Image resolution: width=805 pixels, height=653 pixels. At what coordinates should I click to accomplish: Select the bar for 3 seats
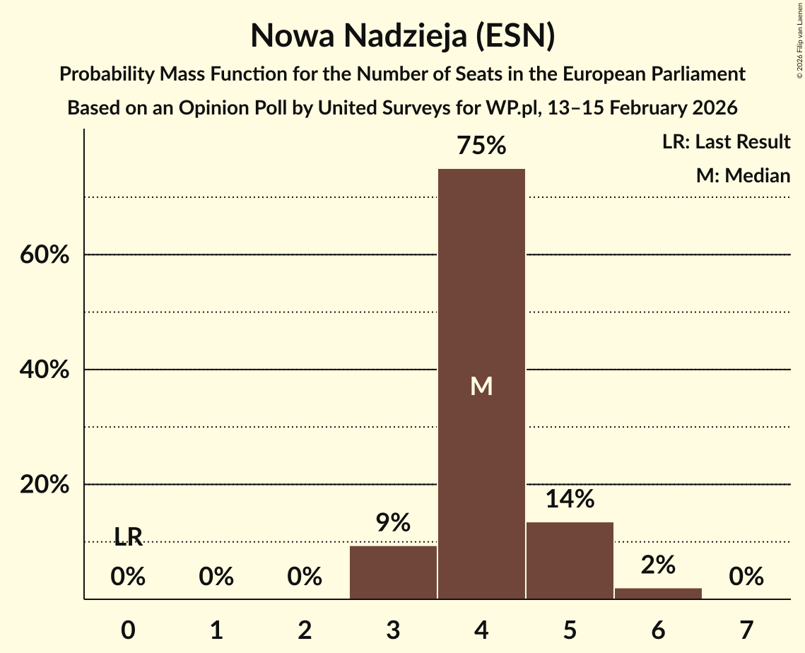coord(393,572)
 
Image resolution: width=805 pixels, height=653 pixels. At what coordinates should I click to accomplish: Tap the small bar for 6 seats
coord(658,593)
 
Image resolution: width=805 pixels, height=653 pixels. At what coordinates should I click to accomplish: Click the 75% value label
coord(481,146)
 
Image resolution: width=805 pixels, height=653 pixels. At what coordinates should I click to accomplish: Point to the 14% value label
coord(570,500)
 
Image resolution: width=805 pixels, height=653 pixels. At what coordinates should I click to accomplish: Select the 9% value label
coord(393,523)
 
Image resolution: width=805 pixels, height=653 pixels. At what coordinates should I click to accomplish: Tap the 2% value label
coord(658,565)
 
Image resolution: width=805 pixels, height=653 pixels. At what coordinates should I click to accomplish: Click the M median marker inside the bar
coord(481,386)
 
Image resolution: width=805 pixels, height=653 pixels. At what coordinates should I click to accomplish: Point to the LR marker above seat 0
coord(128,538)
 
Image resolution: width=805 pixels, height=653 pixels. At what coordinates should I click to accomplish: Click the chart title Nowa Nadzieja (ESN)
coord(402,36)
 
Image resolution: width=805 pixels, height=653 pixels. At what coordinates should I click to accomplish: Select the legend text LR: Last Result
coord(726,142)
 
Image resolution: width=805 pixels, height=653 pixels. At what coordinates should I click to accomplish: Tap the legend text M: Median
coord(743,175)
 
